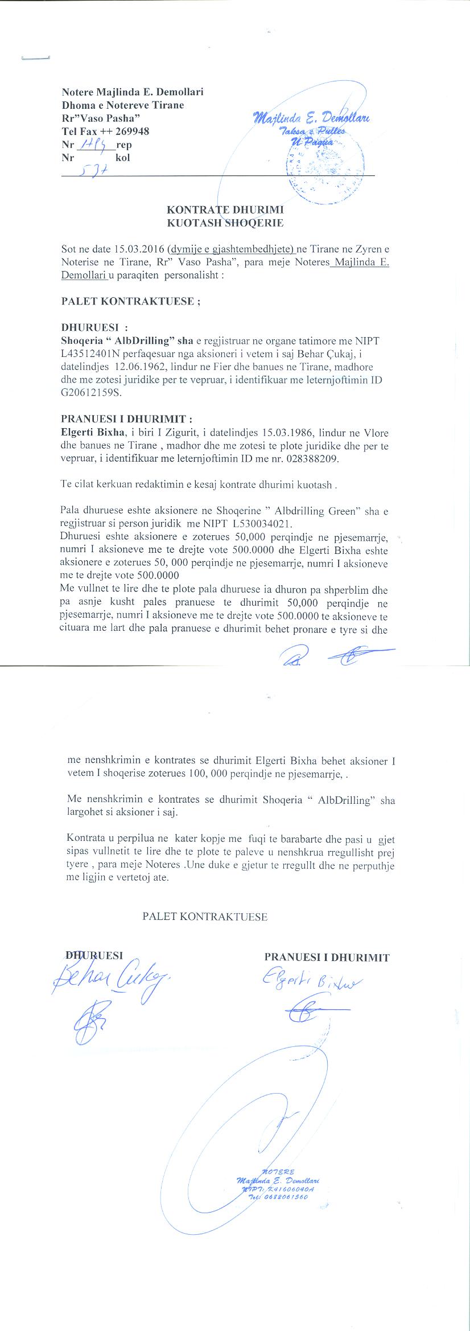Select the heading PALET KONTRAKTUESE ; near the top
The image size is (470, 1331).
(130, 302)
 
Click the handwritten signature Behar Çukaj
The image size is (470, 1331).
(111, 979)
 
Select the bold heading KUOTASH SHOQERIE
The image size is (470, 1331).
(224, 223)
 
